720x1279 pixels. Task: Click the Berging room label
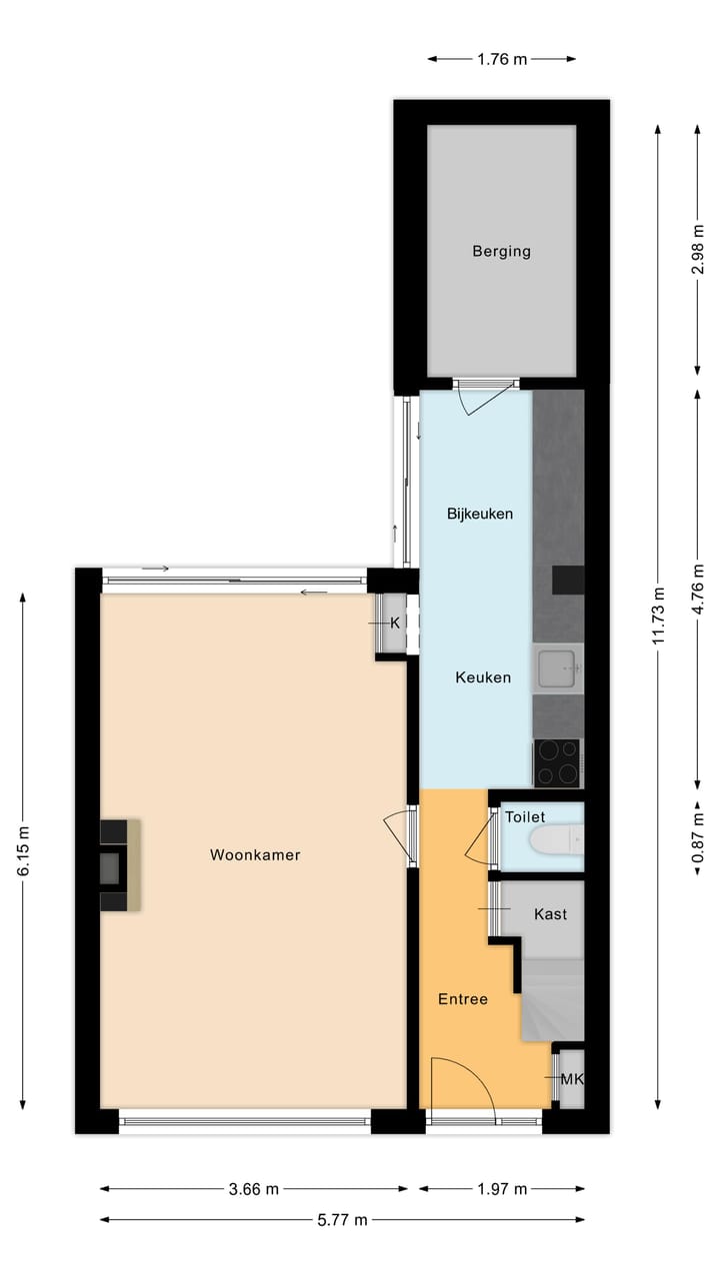pos(501,252)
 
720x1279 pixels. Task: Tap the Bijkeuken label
pos(479,515)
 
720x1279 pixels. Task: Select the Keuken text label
pos(483,677)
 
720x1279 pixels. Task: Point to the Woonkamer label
pos(255,855)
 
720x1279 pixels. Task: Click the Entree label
pos(463,999)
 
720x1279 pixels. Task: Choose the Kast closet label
pos(550,914)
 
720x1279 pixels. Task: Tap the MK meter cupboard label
pos(571,1079)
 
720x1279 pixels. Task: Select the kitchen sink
pos(557,667)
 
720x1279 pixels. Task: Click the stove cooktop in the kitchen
pos(556,763)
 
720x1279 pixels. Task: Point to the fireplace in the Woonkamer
pos(117,865)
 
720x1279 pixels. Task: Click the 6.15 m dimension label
pos(22,851)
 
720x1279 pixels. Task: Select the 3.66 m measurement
pos(253,1189)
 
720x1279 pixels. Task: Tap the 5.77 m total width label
pos(342,1219)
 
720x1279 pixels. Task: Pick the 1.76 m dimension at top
pos(501,59)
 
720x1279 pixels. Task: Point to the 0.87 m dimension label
pos(697,836)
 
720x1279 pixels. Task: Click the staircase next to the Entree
pos(552,999)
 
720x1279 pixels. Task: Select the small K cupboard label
pos(394,623)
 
